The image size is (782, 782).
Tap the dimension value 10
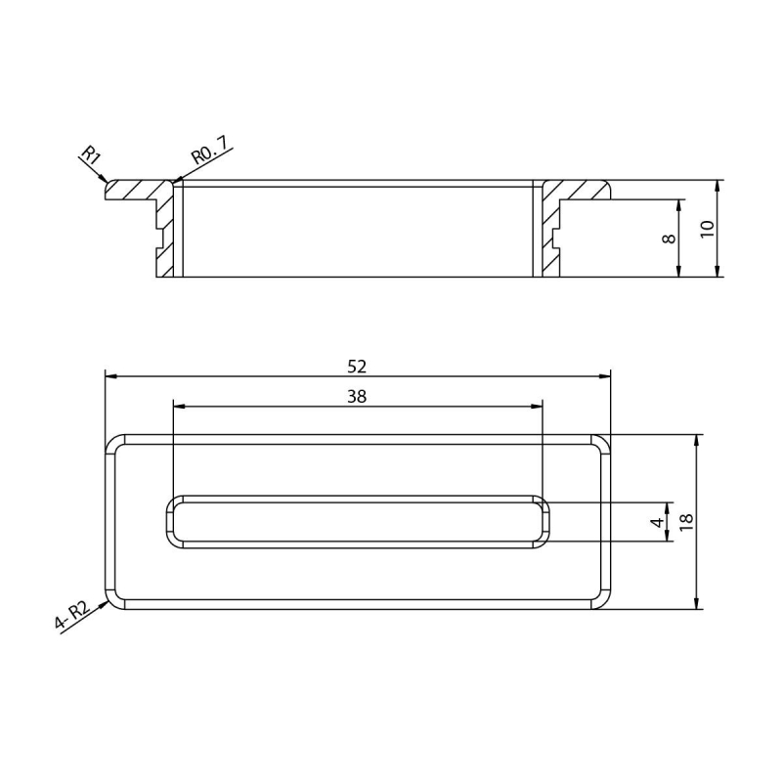[707, 229]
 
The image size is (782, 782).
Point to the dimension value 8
[669, 239]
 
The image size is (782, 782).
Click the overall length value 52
[357, 367]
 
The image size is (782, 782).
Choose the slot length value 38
[357, 397]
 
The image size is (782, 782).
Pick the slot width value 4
[658, 522]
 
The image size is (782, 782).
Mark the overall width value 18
[686, 522]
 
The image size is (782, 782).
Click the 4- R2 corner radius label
[71, 616]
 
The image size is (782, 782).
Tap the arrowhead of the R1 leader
[104, 178]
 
